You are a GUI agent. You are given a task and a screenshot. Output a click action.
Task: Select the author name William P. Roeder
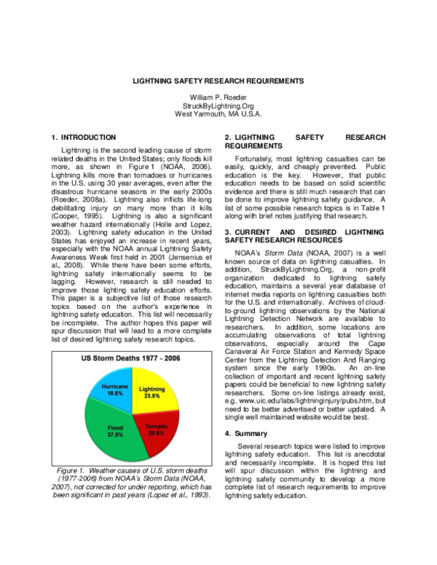pyautogui.click(x=219, y=97)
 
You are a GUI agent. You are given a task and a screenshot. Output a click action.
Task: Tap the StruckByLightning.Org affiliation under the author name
pyautogui.click(x=219, y=106)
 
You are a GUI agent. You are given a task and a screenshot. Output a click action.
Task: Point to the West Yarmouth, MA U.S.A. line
pyautogui.click(x=219, y=114)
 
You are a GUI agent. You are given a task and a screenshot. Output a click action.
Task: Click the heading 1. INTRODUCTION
pyautogui.click(x=84, y=137)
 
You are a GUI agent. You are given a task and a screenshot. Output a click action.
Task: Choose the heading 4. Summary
pyautogui.click(x=251, y=434)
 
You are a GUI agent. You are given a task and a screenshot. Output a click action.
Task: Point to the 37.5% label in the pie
pyautogui.click(x=114, y=434)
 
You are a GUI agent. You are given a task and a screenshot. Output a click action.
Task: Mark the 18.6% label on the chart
pyautogui.click(x=114, y=392)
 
